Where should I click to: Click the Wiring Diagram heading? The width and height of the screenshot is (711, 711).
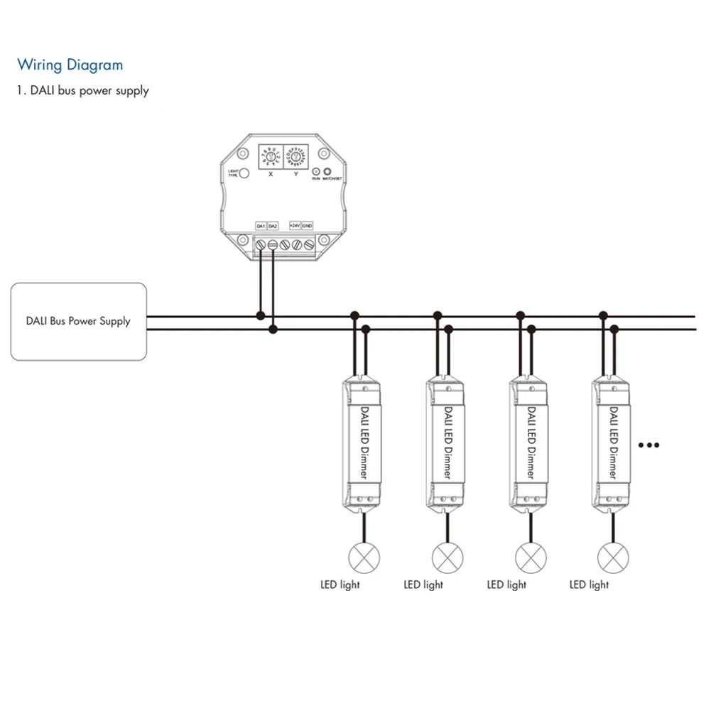pyautogui.click(x=70, y=65)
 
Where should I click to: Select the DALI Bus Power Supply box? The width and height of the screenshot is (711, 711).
pyautogui.click(x=78, y=322)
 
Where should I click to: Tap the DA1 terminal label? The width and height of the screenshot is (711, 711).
pyautogui.click(x=261, y=226)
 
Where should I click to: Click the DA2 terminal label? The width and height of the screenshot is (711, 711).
pyautogui.click(x=273, y=226)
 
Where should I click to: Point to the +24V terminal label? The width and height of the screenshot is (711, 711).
pyautogui.click(x=295, y=226)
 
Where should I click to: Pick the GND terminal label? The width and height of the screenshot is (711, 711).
pyautogui.click(x=308, y=226)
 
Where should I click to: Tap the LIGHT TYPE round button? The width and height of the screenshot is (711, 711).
pyautogui.click(x=244, y=173)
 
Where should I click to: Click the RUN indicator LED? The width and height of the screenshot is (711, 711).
pyautogui.click(x=315, y=171)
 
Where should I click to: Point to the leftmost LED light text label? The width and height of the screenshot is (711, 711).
pyautogui.click(x=340, y=585)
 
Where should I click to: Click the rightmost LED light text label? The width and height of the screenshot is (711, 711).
pyautogui.click(x=589, y=585)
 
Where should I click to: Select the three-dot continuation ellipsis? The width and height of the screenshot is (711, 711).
pyautogui.click(x=649, y=445)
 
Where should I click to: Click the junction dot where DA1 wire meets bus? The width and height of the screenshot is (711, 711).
pyautogui.click(x=261, y=315)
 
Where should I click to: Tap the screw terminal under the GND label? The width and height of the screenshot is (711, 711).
pyautogui.click(x=309, y=245)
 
